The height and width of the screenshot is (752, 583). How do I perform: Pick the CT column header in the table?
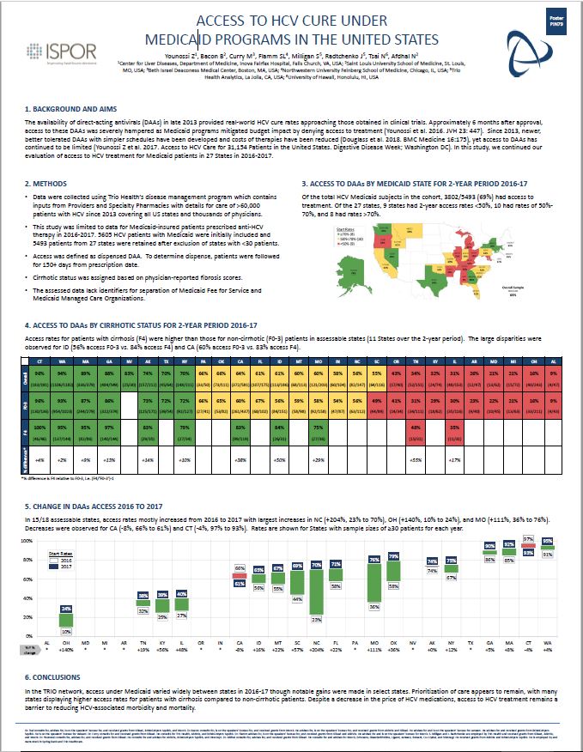38,362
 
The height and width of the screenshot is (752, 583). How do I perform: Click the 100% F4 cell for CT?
38,429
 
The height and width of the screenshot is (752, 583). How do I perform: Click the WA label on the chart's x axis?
547,640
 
